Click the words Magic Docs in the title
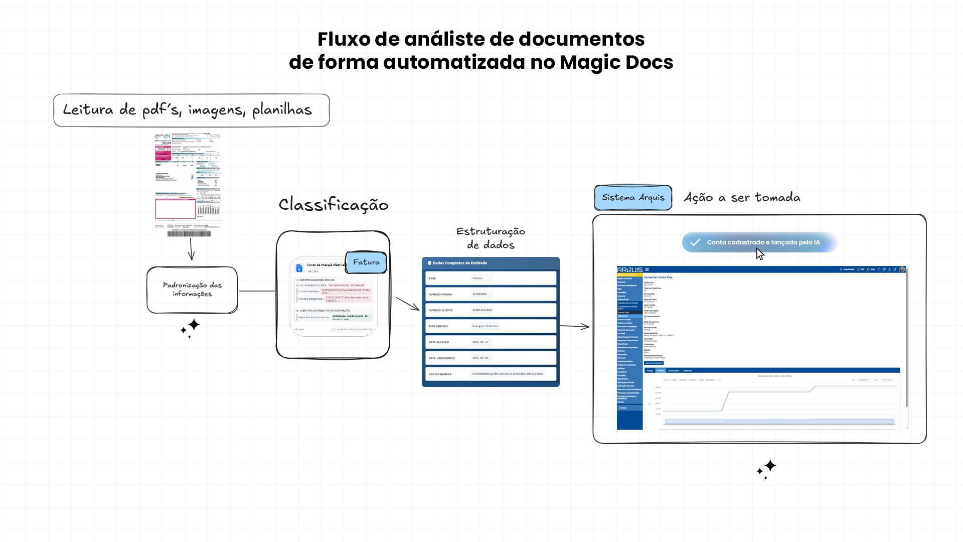tap(616, 62)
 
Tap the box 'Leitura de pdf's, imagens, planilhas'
tap(191, 110)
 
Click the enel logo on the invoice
tap(163, 136)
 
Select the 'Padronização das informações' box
tap(192, 290)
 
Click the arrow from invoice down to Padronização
tap(191, 249)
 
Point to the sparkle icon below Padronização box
tap(191, 328)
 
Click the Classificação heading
tap(334, 204)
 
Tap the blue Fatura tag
tap(366, 262)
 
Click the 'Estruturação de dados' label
tap(491, 238)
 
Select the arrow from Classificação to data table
tap(408, 304)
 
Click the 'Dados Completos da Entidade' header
tap(460, 263)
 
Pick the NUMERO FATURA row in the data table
tap(491, 294)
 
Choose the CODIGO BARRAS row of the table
tap(491, 374)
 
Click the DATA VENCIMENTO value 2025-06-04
tap(480, 358)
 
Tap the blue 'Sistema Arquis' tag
tap(633, 198)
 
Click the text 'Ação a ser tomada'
tap(742, 197)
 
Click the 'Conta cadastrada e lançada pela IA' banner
tap(759, 242)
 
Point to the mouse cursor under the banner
tap(760, 254)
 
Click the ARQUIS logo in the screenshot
tap(629, 269)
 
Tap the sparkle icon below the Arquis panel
tap(767, 469)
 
